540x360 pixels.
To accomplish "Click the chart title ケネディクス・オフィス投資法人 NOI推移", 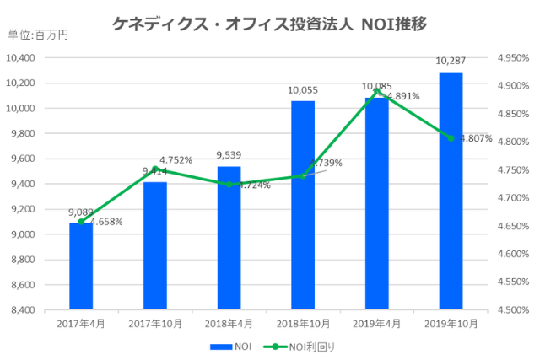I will [269, 24].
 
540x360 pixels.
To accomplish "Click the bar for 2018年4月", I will [229, 238].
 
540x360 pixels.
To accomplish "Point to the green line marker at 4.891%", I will [376, 90].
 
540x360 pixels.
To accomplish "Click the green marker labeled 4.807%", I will [451, 138].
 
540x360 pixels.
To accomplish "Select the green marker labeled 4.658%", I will [81, 222].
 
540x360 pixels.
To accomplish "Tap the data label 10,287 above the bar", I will [451, 61].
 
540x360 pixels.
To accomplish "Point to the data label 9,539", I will [229, 155].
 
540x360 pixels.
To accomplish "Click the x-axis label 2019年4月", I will [376, 323].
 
